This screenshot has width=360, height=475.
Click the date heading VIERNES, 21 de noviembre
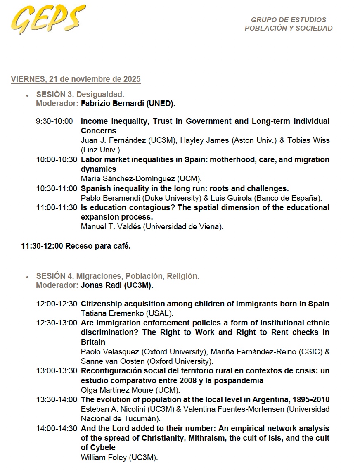[x=76, y=79]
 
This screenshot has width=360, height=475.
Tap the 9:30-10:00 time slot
[x=54, y=121]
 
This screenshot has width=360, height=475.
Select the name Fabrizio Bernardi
[x=113, y=104]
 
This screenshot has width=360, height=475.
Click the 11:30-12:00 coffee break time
[x=42, y=246]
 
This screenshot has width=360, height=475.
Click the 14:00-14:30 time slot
[x=57, y=429]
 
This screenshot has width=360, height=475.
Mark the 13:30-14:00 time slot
[x=57, y=400]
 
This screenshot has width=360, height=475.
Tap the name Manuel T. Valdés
[x=110, y=227]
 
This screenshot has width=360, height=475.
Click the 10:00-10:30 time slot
[x=57, y=160]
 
